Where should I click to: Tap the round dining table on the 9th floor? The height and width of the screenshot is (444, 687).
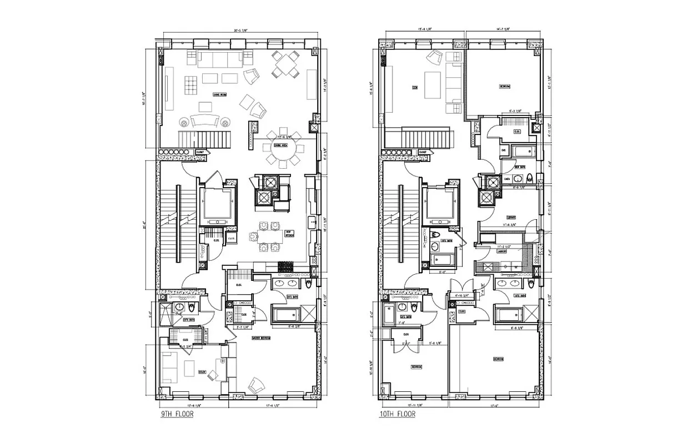click(x=283, y=148)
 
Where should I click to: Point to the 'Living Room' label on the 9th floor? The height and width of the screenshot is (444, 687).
click(x=205, y=95)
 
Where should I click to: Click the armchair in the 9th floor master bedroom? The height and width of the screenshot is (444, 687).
click(x=257, y=385)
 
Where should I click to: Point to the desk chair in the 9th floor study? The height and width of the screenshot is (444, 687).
click(x=212, y=376)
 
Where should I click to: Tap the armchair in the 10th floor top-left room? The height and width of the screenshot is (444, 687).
click(x=434, y=57)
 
